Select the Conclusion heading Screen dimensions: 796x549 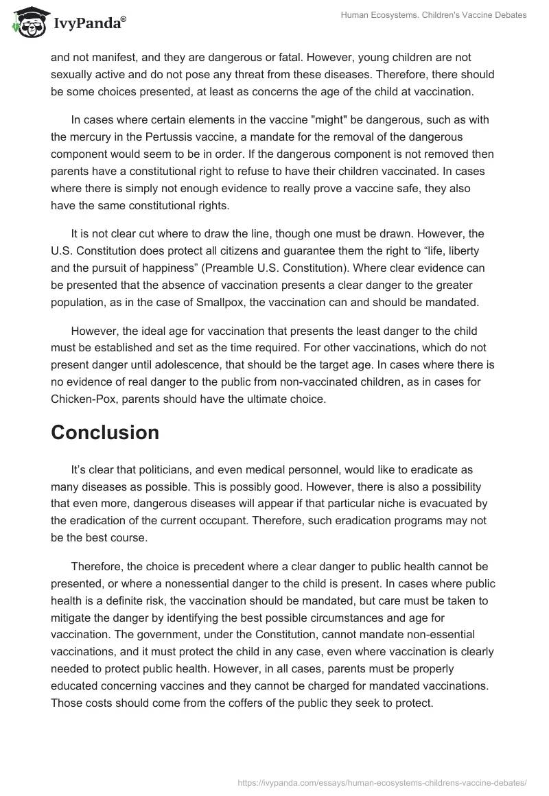pos(105,432)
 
